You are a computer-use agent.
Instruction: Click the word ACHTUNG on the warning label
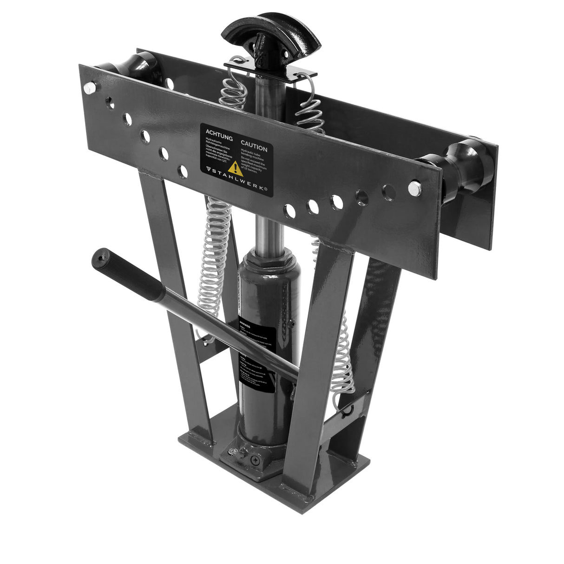point(218,132)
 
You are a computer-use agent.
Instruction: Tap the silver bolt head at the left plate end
point(90,87)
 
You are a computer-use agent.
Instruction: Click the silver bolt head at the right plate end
point(414,188)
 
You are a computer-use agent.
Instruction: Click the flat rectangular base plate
point(325,483)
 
